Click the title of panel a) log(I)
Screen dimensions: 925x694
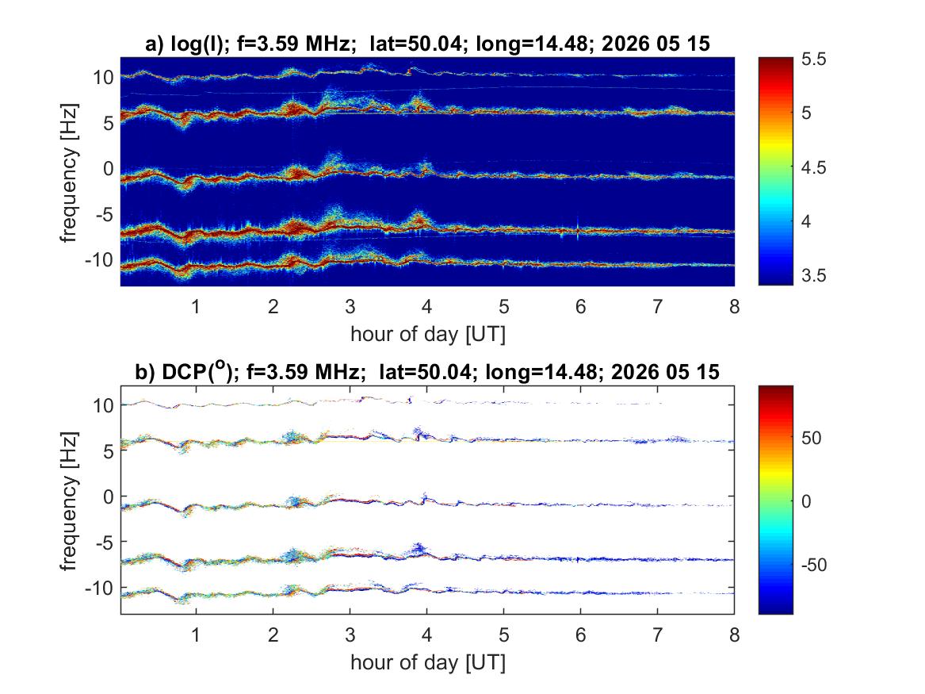pyautogui.click(x=428, y=44)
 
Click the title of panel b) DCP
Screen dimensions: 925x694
pyautogui.click(x=428, y=371)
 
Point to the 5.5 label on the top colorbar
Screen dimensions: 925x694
pyautogui.click(x=814, y=59)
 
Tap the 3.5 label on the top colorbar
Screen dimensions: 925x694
pyautogui.click(x=814, y=275)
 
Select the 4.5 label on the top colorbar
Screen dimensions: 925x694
pyautogui.click(x=814, y=167)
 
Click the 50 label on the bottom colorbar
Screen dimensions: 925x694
pyautogui.click(x=812, y=438)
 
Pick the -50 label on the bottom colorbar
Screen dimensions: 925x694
pyautogui.click(x=814, y=565)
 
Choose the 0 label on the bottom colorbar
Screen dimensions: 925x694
pyautogui.click(x=806, y=501)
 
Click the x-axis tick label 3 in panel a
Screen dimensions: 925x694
pyautogui.click(x=350, y=307)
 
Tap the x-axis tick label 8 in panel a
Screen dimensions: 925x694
pyautogui.click(x=735, y=307)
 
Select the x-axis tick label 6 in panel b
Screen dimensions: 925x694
pyautogui.click(x=580, y=635)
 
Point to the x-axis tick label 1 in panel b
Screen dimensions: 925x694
pyautogui.click(x=196, y=635)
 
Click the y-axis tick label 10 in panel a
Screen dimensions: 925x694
pyautogui.click(x=103, y=77)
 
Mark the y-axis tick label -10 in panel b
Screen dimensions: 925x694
pyautogui.click(x=99, y=588)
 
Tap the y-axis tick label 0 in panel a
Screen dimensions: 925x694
pyautogui.click(x=109, y=168)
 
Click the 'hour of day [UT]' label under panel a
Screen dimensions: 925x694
pyautogui.click(x=428, y=334)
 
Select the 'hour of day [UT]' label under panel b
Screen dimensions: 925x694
pyautogui.click(x=428, y=662)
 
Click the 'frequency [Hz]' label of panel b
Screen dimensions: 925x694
pyautogui.click(x=69, y=501)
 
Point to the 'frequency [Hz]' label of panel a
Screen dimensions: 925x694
pyautogui.click(x=69, y=173)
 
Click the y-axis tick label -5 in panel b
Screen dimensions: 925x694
pyautogui.click(x=105, y=542)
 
